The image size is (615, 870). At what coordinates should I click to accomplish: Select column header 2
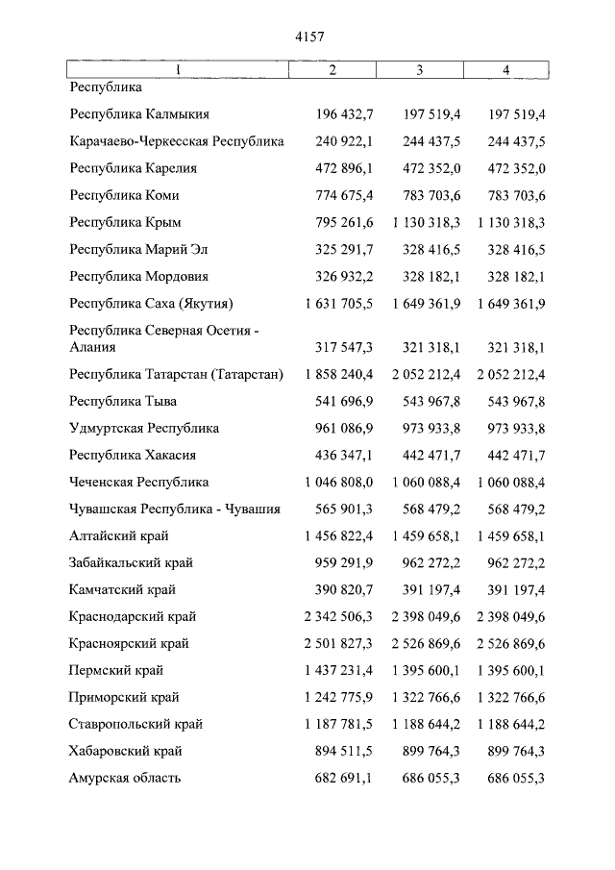[x=332, y=70]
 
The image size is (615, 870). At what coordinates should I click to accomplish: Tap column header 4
[x=505, y=70]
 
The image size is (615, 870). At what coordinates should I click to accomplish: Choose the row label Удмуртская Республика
[x=144, y=428]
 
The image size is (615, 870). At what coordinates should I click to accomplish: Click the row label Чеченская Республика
[x=139, y=482]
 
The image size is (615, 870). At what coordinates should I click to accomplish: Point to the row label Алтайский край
[x=118, y=535]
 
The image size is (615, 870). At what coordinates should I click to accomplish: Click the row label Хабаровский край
[x=126, y=751]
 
